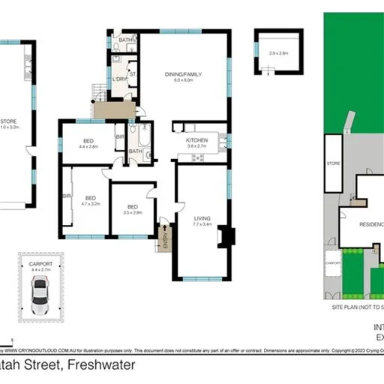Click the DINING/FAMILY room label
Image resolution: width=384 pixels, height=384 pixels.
click(x=184, y=73)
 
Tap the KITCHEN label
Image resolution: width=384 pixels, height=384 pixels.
click(x=196, y=140)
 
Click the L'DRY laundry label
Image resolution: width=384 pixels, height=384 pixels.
click(x=118, y=79)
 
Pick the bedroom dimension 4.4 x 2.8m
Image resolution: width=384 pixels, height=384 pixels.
click(x=88, y=146)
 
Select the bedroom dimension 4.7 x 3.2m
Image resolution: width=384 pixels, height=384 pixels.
click(x=90, y=203)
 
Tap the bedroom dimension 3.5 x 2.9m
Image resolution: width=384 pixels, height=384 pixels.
click(x=132, y=213)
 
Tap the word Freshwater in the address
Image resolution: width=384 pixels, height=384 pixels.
click(x=101, y=365)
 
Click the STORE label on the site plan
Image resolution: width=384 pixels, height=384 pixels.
click(x=332, y=161)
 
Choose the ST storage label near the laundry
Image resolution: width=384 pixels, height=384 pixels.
click(x=132, y=73)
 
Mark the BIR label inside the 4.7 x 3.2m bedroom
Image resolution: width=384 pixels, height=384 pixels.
click(x=67, y=196)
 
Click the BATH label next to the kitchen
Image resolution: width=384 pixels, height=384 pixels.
click(x=135, y=151)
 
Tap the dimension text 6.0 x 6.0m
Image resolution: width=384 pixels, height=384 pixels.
click(x=184, y=79)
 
